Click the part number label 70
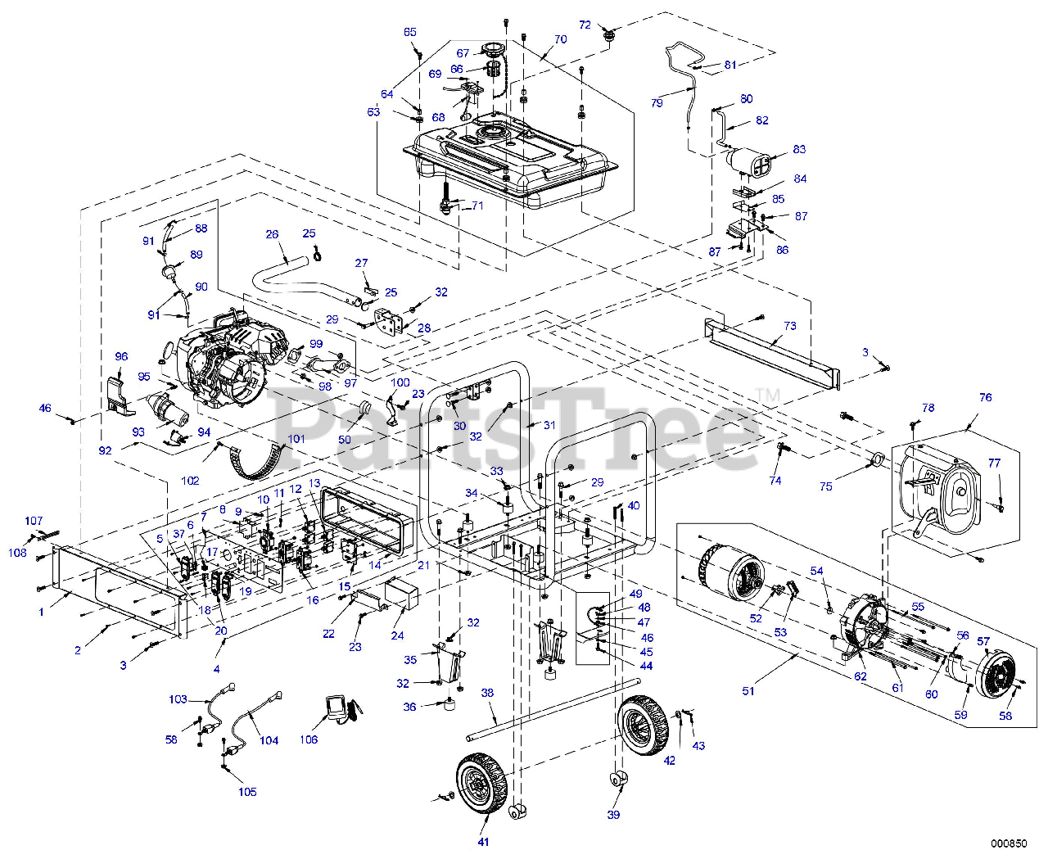pyautogui.click(x=560, y=39)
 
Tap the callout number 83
pyautogui.click(x=799, y=149)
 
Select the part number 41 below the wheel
pyautogui.click(x=483, y=841)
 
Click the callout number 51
pyautogui.click(x=748, y=691)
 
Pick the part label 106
pyautogui.click(x=309, y=739)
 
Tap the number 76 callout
pyautogui.click(x=985, y=397)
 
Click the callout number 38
pyautogui.click(x=487, y=693)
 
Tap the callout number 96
pyautogui.click(x=121, y=357)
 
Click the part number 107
pyautogui.click(x=34, y=521)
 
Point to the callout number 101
pyautogui.click(x=296, y=439)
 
